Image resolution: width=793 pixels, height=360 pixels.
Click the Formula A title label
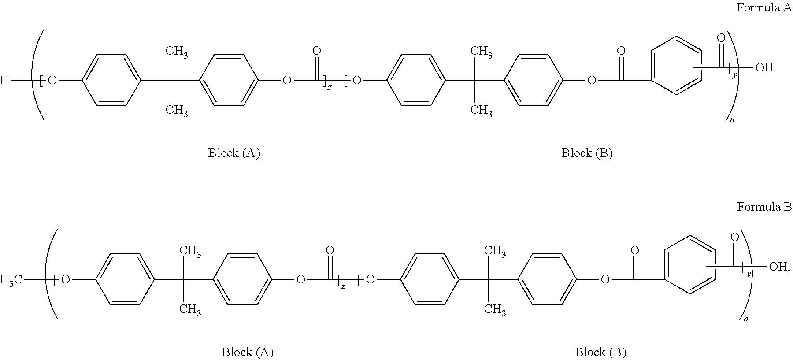pos(764,7)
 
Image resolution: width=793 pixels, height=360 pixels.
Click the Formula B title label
pos(764,207)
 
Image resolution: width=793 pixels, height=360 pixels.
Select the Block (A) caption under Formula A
pos(234,153)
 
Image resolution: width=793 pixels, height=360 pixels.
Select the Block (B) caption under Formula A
pos(587,153)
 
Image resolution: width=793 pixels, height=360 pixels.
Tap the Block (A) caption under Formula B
pos(248,352)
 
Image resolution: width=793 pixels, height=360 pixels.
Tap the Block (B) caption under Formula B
pos(600,352)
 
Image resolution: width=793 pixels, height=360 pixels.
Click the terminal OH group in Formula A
pos(764,68)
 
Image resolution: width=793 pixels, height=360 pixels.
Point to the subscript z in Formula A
pos(329,87)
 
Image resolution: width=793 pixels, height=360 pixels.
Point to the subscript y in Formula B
pos(748,274)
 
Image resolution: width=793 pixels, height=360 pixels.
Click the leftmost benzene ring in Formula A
pos(111,80)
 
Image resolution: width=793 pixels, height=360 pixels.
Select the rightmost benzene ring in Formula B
pos(689,265)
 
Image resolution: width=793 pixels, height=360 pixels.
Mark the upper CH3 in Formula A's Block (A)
pos(177,52)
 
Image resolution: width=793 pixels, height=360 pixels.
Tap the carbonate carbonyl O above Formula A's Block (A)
pos(316,51)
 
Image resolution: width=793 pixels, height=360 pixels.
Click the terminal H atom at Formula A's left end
pos(4,80)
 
